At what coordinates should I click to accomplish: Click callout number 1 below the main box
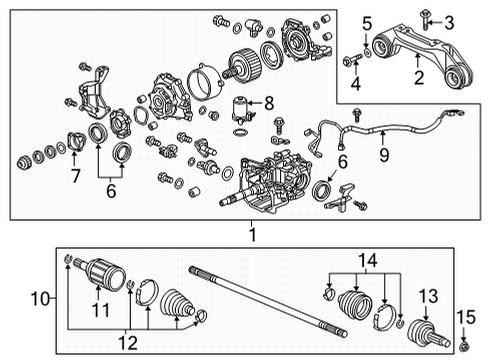(252, 234)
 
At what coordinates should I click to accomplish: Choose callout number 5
(367, 22)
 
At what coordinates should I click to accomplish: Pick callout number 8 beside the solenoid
(267, 102)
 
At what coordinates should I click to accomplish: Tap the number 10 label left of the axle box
(41, 299)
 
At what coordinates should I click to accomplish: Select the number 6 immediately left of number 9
(343, 159)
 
